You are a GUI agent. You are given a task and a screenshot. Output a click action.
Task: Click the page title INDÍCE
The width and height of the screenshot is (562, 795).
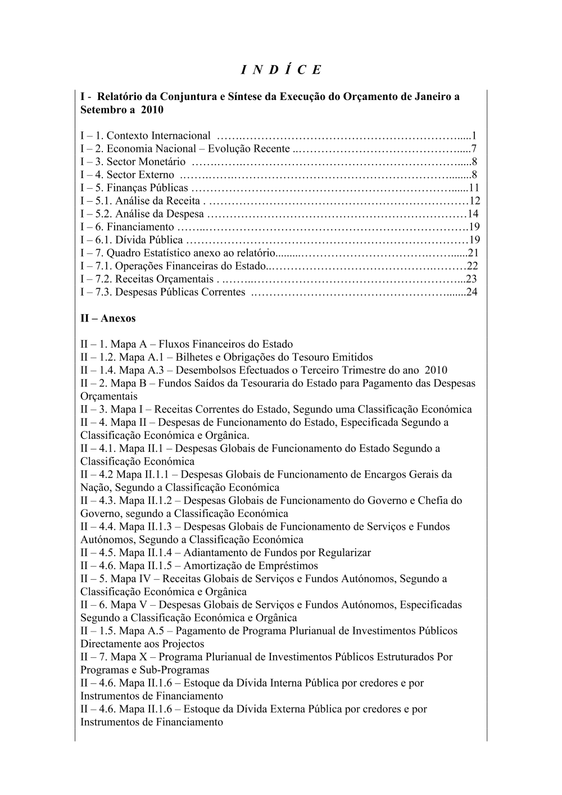click(281, 70)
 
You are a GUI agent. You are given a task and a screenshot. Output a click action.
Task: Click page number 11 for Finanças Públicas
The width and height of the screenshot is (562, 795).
click(473, 188)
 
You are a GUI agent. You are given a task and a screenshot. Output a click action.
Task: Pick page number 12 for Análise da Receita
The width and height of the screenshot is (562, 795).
click(474, 201)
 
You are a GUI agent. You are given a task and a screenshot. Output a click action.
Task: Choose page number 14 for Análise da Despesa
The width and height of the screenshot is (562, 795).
click(473, 214)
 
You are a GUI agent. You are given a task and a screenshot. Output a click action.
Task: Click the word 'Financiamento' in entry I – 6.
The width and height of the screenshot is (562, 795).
click(140, 227)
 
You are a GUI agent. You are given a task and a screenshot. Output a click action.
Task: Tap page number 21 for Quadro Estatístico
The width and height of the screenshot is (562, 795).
click(473, 253)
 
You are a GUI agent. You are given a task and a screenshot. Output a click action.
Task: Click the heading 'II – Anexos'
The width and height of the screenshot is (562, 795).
click(108, 318)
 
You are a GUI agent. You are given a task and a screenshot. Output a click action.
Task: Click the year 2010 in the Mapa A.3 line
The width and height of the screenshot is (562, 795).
click(436, 370)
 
